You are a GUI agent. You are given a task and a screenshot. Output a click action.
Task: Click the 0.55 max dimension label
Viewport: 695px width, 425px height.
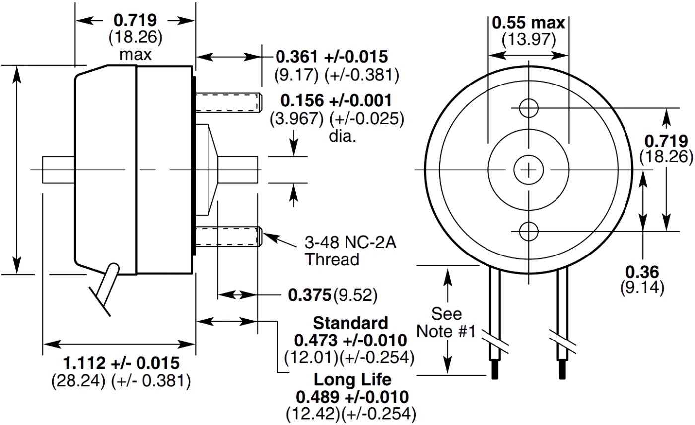[528, 23]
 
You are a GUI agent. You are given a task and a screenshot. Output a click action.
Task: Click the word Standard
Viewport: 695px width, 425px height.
[350, 323]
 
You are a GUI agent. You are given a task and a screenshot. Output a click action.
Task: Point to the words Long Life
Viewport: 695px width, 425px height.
[352, 380]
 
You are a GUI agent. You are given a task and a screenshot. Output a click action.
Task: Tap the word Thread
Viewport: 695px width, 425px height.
[332, 259]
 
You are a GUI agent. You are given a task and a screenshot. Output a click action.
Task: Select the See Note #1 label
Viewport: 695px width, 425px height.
[446, 322]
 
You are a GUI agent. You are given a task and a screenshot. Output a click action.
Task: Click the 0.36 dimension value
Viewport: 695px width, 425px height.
[642, 272]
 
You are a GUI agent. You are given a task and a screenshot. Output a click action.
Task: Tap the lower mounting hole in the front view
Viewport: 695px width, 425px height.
[529, 231]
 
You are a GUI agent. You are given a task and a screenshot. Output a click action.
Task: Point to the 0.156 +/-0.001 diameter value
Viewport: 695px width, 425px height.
[336, 101]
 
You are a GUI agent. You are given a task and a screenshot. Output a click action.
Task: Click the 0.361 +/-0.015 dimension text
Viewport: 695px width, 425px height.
[332, 56]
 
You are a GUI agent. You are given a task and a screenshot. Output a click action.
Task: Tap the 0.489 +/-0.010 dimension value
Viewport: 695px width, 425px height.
[352, 397]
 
